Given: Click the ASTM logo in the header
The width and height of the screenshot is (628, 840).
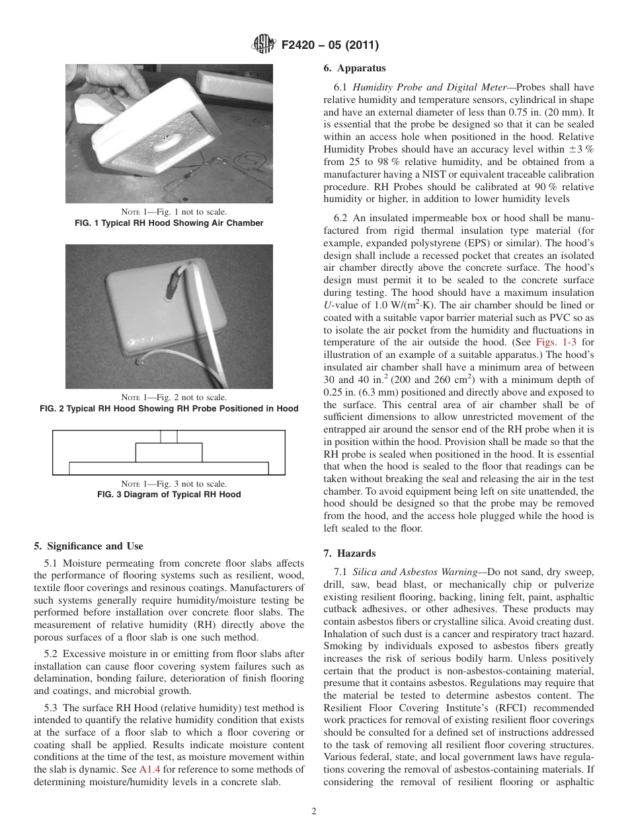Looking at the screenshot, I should pyautogui.click(x=263, y=45).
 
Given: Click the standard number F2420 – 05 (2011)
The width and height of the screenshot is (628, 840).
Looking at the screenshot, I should pyautogui.click(x=329, y=46).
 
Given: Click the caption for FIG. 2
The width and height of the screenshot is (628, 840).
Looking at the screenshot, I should pyautogui.click(x=169, y=409).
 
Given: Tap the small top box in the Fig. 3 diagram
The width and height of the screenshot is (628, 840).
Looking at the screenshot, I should pyautogui.click(x=169, y=437).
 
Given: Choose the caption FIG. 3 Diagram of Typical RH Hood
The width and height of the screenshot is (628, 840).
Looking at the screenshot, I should pyautogui.click(x=169, y=494).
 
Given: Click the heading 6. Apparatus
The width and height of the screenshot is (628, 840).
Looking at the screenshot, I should pyautogui.click(x=354, y=68).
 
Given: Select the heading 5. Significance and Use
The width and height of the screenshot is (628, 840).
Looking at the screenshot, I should pyautogui.click(x=88, y=546).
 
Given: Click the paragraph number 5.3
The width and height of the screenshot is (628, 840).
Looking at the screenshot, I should pyautogui.click(x=51, y=707).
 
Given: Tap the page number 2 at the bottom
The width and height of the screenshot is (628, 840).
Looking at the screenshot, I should pyautogui.click(x=314, y=812).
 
